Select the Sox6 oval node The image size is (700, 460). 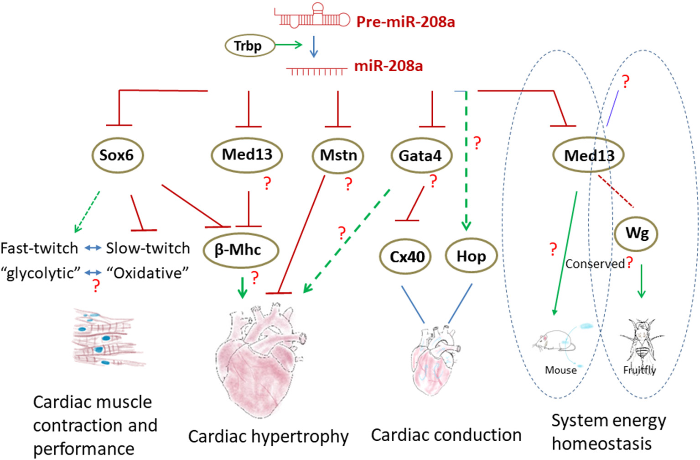tap(117, 155)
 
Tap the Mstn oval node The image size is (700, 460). tap(338, 155)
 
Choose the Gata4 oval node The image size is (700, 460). tap(420, 156)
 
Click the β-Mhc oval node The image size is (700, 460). tap(239, 250)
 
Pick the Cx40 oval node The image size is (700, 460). tap(407, 257)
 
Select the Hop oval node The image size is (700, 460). tap(471, 256)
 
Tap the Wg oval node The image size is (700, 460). tap(637, 233)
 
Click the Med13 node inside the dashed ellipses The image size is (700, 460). tap(588, 156)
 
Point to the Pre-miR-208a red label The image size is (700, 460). tap(405, 22)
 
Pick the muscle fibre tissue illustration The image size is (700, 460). tap(107, 337)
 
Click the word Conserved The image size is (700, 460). tap(595, 264)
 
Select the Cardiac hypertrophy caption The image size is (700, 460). tap(268, 436)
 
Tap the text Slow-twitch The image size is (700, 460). tap(148, 248)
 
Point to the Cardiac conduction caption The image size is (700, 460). tap(446, 435)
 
